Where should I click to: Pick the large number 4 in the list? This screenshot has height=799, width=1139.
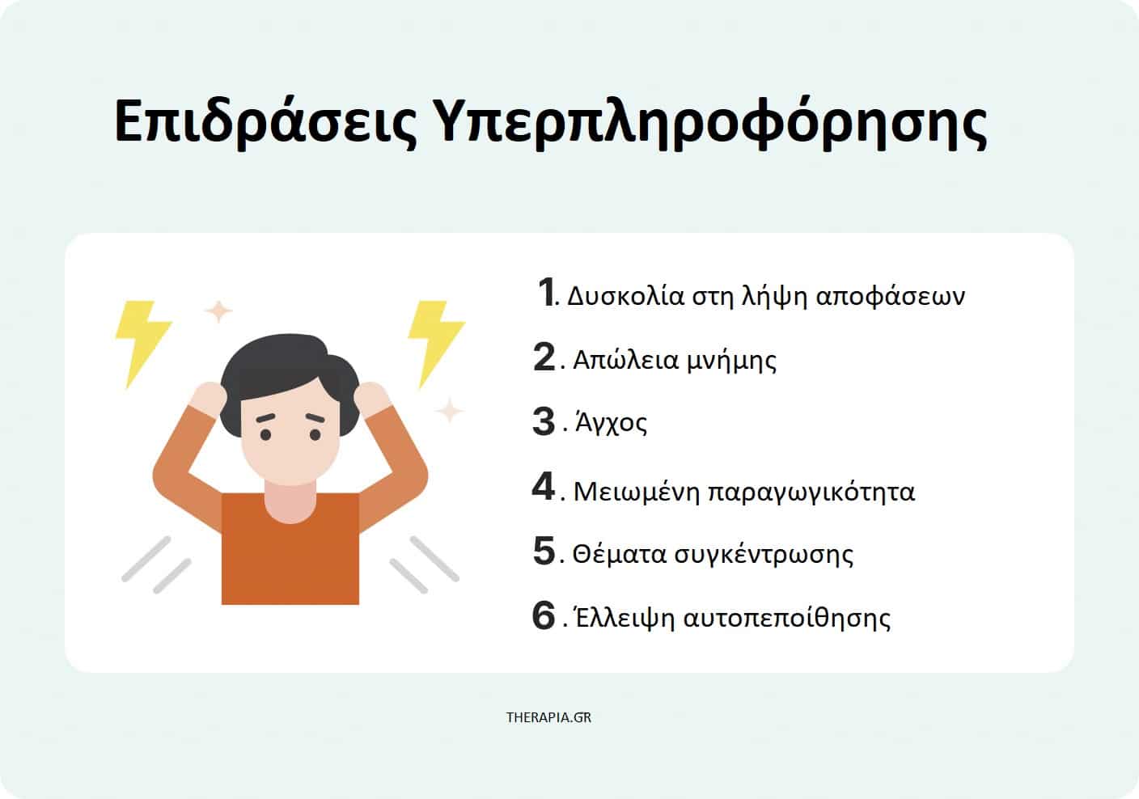[544, 486]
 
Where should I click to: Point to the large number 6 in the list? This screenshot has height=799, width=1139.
[544, 615]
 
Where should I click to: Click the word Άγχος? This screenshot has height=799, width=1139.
[612, 424]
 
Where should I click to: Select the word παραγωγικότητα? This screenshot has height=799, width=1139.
[811, 492]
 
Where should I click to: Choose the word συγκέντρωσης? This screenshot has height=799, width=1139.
[764, 555]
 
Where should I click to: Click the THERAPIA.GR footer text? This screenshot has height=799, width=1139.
[548, 717]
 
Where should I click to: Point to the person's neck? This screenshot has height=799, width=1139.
[290, 501]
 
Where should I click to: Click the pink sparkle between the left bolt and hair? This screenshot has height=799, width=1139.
[218, 311]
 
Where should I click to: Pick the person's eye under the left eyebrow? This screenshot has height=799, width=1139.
[265, 435]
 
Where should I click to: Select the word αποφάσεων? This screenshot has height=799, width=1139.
[890, 295]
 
